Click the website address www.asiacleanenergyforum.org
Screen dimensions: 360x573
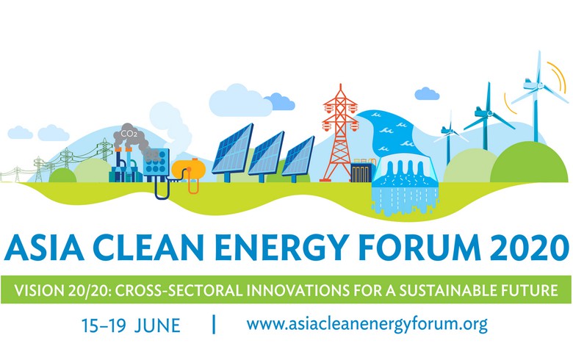tap(367, 324)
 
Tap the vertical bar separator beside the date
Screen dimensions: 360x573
tap(214, 323)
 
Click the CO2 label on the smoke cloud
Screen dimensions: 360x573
tap(128, 134)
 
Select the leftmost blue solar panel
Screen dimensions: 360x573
tap(232, 151)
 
